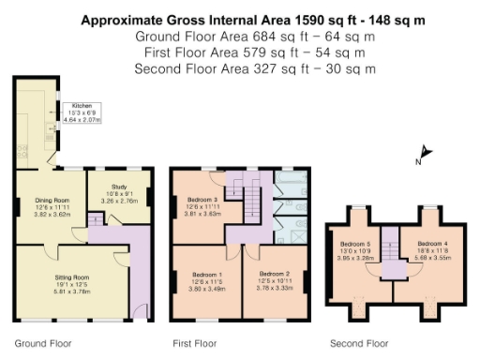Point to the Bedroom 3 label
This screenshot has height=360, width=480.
point(202,200)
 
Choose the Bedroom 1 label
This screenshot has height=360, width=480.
point(202,276)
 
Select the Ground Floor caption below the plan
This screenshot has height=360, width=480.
point(39,343)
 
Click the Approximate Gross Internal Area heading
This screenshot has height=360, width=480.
point(239,19)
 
